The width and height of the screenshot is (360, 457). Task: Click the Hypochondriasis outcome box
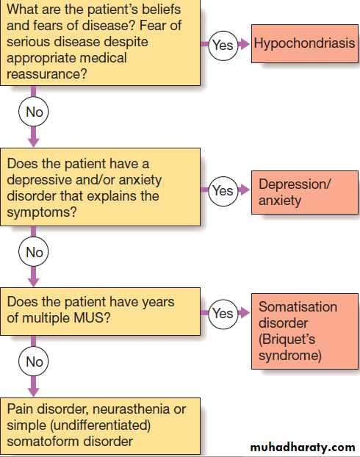coord(305,44)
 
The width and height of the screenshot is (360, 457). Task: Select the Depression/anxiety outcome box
coord(305,192)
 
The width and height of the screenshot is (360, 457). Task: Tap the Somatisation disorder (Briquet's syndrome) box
coord(305,331)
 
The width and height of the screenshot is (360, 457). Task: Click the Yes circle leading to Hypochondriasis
coord(223,46)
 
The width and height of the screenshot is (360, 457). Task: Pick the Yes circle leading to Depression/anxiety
coord(223,191)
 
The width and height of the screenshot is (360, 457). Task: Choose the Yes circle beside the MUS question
coord(223,314)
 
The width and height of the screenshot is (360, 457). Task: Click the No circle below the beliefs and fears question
coord(34,112)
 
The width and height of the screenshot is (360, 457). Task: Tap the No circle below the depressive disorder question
coord(34,251)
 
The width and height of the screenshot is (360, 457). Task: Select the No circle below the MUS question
coord(34,361)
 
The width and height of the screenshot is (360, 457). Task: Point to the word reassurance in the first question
coord(47,74)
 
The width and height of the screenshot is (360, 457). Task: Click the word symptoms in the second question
coord(42,212)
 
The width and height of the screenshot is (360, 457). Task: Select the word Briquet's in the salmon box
coord(287,339)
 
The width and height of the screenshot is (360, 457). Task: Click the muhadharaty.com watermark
coord(303,447)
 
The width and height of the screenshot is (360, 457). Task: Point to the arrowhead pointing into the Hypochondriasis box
coord(244,44)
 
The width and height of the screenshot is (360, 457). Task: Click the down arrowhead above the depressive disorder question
coord(34,142)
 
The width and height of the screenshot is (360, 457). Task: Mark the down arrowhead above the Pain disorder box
coord(34,392)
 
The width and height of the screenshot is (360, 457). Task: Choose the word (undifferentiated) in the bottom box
coord(101,425)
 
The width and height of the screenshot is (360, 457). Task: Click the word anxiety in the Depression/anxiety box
coord(280,201)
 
